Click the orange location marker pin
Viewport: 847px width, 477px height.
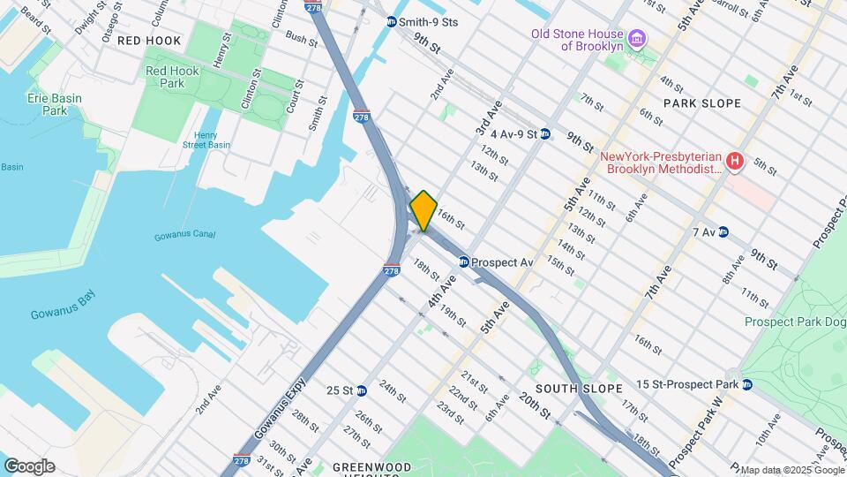423,210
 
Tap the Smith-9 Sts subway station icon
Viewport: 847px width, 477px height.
392,21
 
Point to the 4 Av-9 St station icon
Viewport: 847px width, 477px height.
545,134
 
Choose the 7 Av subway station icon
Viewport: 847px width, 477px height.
723,232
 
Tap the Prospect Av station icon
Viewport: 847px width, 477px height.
463,261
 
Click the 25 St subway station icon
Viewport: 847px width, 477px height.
360,390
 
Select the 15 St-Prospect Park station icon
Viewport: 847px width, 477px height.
746,384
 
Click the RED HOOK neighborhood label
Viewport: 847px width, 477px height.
148,41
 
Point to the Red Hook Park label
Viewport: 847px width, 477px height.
165,77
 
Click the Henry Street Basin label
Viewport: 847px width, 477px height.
206,140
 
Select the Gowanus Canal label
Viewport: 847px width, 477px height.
178,236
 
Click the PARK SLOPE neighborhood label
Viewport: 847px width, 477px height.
701,103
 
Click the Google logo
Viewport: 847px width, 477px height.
29,466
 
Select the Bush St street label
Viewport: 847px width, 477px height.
301,40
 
